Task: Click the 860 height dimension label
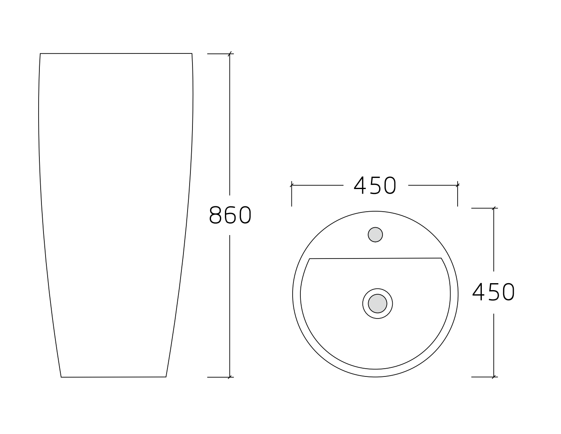pos(230,215)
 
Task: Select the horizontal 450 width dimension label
pos(375,186)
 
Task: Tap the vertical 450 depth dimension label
pos(493,292)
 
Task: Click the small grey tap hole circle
pos(375,235)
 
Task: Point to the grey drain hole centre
pos(378,303)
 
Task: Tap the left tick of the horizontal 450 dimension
pos(291,185)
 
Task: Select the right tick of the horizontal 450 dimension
pos(458,185)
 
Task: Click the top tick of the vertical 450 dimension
pos(494,208)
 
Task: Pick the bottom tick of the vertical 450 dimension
pos(494,376)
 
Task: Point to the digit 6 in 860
pos(230,215)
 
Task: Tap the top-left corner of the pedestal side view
pos(40,53)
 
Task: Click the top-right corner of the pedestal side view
pos(192,53)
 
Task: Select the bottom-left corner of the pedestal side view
pos(61,377)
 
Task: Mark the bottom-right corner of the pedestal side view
pos(166,376)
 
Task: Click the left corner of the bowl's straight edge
pos(309,259)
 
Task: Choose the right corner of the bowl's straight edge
pos(441,258)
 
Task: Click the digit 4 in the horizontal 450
pos(360,186)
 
